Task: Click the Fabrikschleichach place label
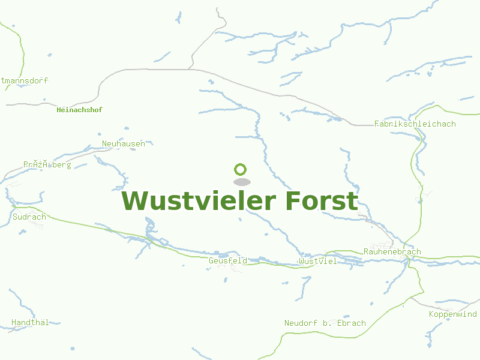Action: (415, 124)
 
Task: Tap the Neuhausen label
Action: (124, 144)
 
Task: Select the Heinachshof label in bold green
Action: (79, 110)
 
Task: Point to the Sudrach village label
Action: (29, 217)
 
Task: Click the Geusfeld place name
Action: (228, 261)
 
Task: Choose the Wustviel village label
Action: (317, 262)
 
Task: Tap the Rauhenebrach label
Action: (392, 252)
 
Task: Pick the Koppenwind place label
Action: (452, 314)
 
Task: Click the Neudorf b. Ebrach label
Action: (325, 323)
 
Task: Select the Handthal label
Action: (30, 323)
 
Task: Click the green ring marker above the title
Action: (241, 169)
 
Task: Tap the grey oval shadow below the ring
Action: (241, 182)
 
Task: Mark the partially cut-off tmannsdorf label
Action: (24, 80)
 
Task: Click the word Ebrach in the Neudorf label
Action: (351, 323)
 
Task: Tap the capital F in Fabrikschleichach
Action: (376, 124)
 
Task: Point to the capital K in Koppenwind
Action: (431, 314)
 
